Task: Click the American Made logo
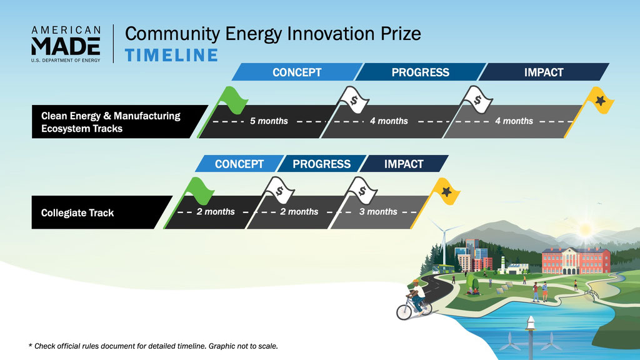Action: [x=66, y=44]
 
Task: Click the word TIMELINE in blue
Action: [x=171, y=56]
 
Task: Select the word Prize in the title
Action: [x=401, y=34]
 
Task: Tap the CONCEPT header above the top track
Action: [x=297, y=72]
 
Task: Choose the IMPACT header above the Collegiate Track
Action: [x=404, y=164]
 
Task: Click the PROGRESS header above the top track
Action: [x=421, y=72]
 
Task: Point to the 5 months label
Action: [x=269, y=121]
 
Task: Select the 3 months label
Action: [x=378, y=211]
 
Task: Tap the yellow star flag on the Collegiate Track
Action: [x=446, y=191]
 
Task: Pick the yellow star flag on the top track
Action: [x=599, y=101]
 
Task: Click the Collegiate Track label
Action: [x=77, y=212]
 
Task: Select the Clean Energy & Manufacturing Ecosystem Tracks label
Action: [x=111, y=122]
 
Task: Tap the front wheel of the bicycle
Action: [x=404, y=312]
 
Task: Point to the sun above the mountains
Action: [x=585, y=229]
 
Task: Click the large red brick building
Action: [x=576, y=261]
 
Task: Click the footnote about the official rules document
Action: [x=153, y=346]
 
